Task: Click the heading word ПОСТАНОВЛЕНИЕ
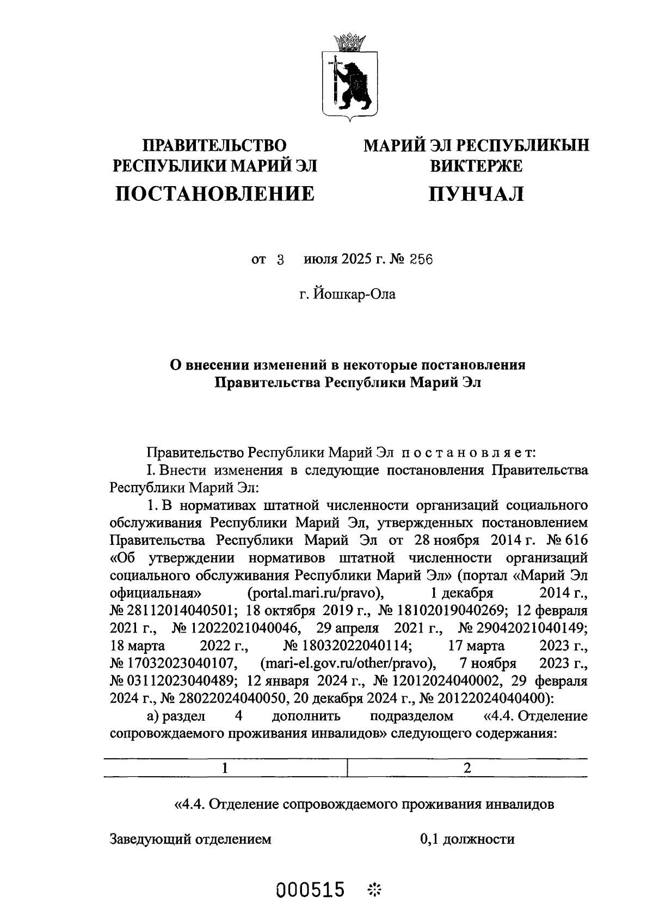tap(215, 193)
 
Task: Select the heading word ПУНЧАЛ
tap(476, 193)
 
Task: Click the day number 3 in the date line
tap(281, 260)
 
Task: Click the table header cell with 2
tap(467, 768)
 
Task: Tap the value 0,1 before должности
tap(429, 839)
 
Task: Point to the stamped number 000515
tap(311, 891)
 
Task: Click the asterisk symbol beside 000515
tap(375, 891)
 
